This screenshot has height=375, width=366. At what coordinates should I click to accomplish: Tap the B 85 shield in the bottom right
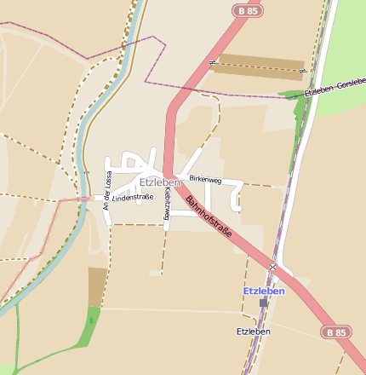pos(335,332)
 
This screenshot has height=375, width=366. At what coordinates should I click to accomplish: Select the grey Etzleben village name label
pos(160,182)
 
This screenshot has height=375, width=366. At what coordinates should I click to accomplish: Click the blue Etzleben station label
pos(264,291)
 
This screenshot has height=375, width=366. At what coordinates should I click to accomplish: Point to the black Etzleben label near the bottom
pos(254,331)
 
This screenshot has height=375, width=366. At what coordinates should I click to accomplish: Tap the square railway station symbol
pos(264,303)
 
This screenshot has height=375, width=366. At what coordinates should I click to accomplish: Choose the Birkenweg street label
pos(205,180)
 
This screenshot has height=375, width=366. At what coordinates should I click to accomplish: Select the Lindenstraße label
pos(133,198)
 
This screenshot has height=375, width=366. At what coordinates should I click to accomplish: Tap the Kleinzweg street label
pos(166,205)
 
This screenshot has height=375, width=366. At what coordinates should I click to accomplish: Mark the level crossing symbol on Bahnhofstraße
pos(273,268)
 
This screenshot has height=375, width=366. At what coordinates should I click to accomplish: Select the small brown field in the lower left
pos(98,287)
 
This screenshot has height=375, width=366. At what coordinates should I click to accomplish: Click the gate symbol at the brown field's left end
pos(211,61)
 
